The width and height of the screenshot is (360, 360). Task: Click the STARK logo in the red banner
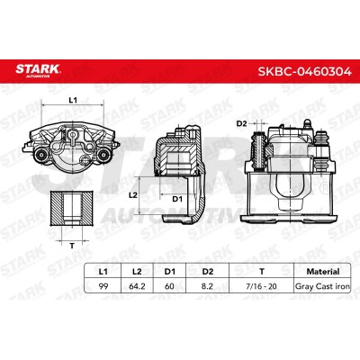[x=38, y=70]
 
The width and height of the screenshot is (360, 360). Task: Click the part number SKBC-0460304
[x=305, y=71]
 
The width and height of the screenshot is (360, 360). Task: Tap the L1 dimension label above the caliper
[x=73, y=100]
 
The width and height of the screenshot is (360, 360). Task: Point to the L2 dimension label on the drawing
[x=133, y=195]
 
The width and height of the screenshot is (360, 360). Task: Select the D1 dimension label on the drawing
[x=177, y=199]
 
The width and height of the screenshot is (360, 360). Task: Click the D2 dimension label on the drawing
[x=241, y=123]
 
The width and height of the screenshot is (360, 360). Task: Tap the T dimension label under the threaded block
[x=72, y=247]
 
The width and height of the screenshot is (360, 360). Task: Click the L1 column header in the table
[x=103, y=272]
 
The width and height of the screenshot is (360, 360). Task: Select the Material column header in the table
[x=323, y=272]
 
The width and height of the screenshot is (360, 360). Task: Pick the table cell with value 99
[x=103, y=286]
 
